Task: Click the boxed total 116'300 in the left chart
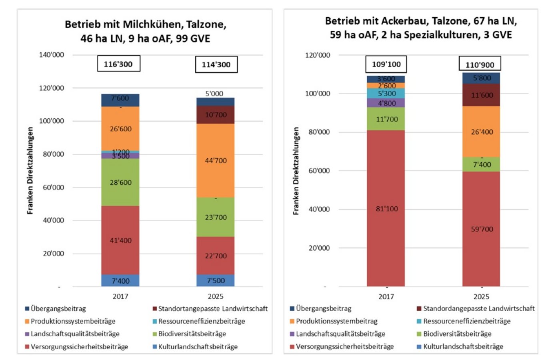tap(118, 64)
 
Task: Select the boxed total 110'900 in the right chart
tap(480, 64)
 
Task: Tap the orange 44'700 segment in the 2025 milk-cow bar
tap(216, 160)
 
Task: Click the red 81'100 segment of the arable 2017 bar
tap(386, 208)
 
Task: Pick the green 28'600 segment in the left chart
tap(120, 182)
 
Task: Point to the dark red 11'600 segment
tap(482, 95)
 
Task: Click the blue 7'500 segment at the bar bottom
tap(216, 280)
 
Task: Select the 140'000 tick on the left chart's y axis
tap(51, 55)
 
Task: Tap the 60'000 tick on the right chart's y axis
tap(319, 171)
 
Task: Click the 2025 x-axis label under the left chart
tap(216, 296)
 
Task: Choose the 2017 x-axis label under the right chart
tap(386, 297)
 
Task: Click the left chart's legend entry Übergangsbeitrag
tap(58, 309)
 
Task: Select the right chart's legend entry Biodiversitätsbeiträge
tap(457, 334)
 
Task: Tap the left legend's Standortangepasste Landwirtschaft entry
tap(212, 309)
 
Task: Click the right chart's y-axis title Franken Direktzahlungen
tap(296, 171)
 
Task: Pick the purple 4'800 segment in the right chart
tap(386, 103)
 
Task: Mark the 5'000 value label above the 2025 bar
tap(214, 94)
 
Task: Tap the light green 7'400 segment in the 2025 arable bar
tap(482, 164)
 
